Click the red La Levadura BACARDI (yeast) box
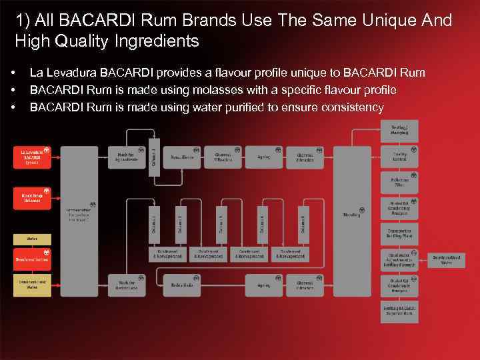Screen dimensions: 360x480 click(32, 157)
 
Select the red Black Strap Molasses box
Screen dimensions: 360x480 click(32, 198)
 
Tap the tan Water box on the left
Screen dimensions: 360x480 click(32, 238)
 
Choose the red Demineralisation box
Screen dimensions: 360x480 click(32, 259)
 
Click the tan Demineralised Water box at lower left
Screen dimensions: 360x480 click(32, 285)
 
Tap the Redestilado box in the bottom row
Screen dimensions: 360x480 click(182, 285)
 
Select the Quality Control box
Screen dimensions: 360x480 click(399, 156)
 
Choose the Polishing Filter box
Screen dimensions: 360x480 click(399, 181)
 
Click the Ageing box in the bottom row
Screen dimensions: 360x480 click(263, 285)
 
